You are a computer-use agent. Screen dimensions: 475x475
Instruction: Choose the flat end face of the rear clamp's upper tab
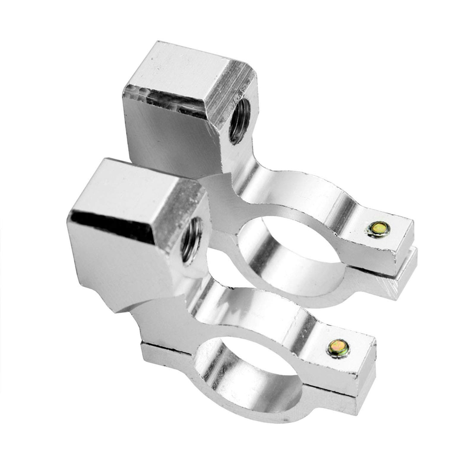pyautogui.click(x=404, y=243)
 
